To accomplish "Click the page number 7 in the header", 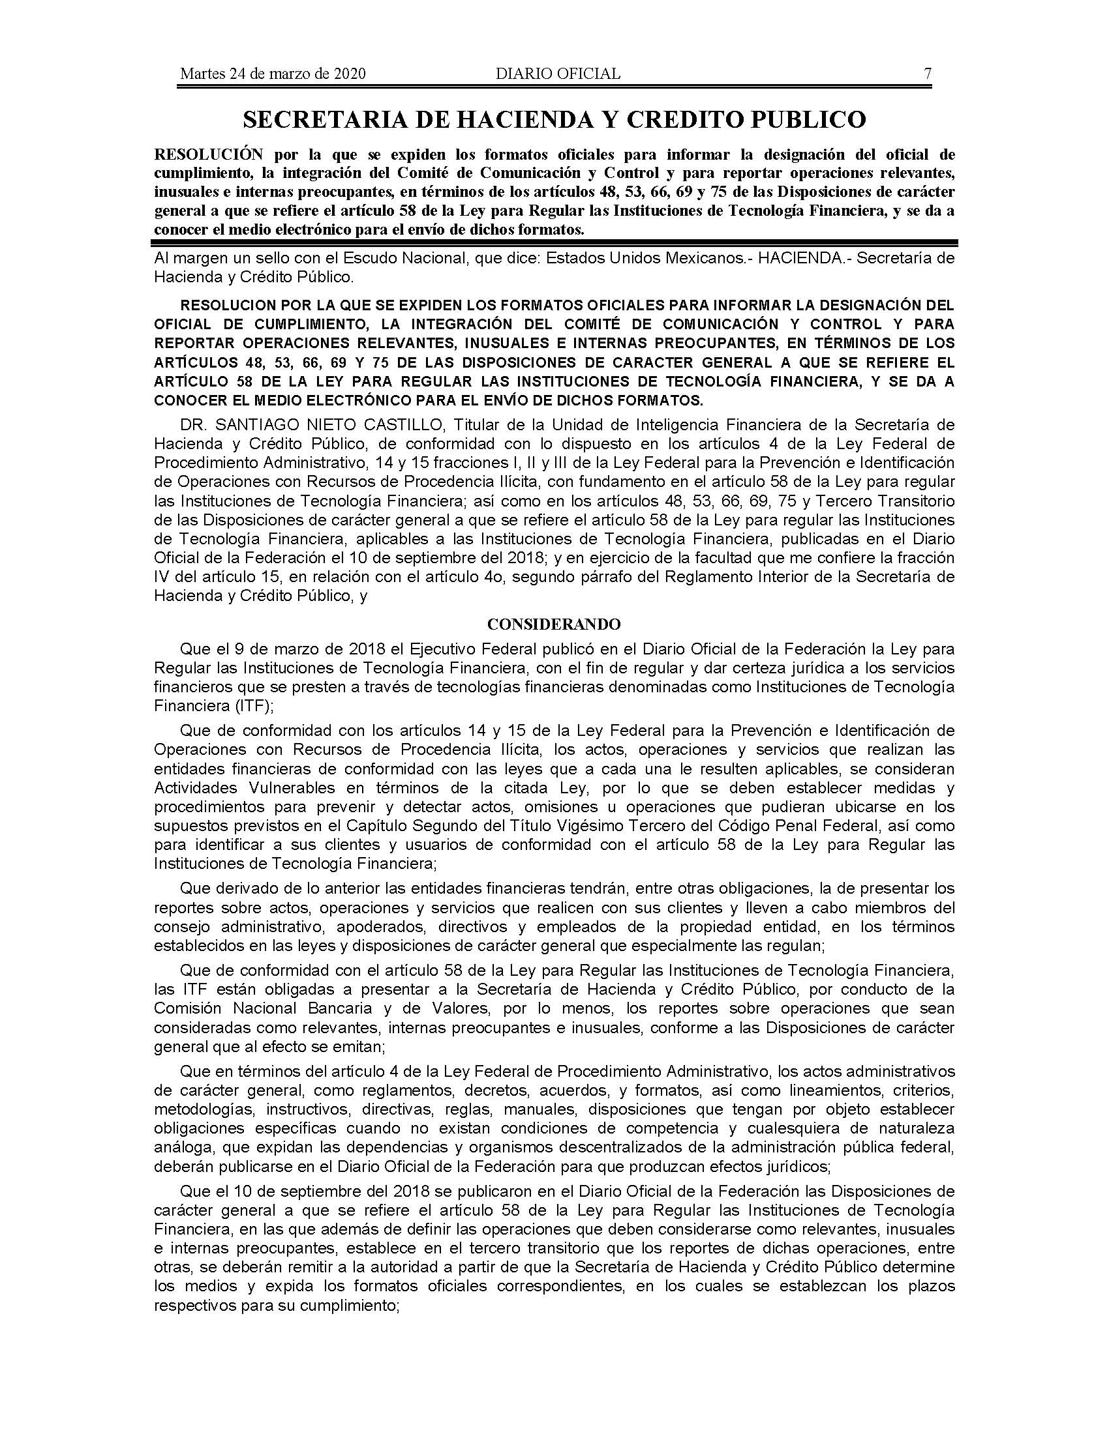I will [x=927, y=74].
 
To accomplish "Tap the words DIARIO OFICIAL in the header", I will [x=558, y=74].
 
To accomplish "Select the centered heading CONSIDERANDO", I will [x=554, y=624].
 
